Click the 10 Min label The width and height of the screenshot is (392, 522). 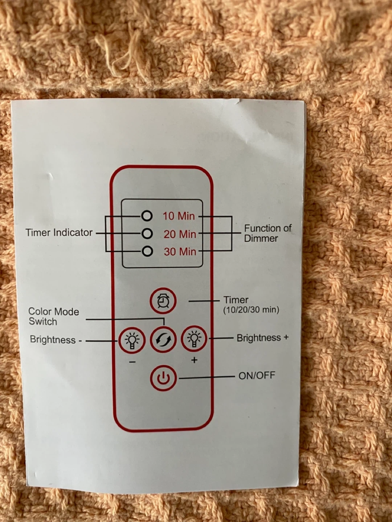click(179, 216)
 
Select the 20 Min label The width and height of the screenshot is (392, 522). click(180, 234)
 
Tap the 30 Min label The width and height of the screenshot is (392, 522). click(180, 252)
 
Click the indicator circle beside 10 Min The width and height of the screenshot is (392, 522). click(147, 216)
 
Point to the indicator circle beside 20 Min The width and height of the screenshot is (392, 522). click(147, 234)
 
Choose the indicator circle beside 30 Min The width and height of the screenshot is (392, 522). click(147, 251)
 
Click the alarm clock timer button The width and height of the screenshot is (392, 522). click(163, 301)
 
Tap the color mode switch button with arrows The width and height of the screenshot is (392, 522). click(163, 339)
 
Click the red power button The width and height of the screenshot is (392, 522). click(163, 378)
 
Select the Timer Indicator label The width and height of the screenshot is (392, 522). click(59, 232)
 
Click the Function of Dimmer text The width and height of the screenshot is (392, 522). click(267, 233)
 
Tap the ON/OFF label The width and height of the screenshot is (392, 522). click(257, 376)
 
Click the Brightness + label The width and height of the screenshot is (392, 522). click(262, 338)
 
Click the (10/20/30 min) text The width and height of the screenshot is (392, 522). click(251, 310)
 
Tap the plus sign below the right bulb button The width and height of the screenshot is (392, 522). click(194, 360)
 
